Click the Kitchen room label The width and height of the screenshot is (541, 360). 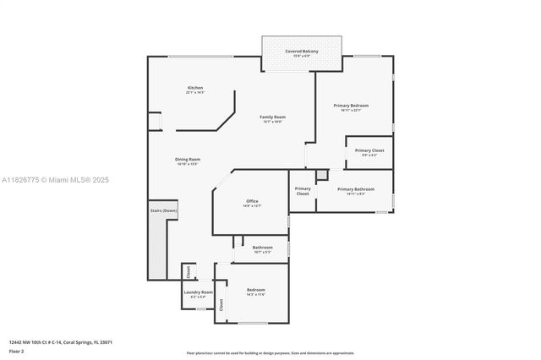click(x=195, y=89)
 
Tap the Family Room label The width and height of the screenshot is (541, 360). click(x=272, y=117)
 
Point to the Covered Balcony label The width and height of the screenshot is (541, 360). click(x=302, y=52)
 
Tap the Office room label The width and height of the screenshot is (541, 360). click(x=252, y=202)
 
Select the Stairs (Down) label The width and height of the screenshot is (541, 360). click(x=163, y=210)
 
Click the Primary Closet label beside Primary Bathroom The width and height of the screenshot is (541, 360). click(x=303, y=191)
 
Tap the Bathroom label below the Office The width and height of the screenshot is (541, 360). click(x=262, y=248)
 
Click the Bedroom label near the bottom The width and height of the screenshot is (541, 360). click(x=255, y=292)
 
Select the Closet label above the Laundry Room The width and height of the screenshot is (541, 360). click(x=189, y=272)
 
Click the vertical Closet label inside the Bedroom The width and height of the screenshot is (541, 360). click(x=221, y=305)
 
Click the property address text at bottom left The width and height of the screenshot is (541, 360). click(x=61, y=342)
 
